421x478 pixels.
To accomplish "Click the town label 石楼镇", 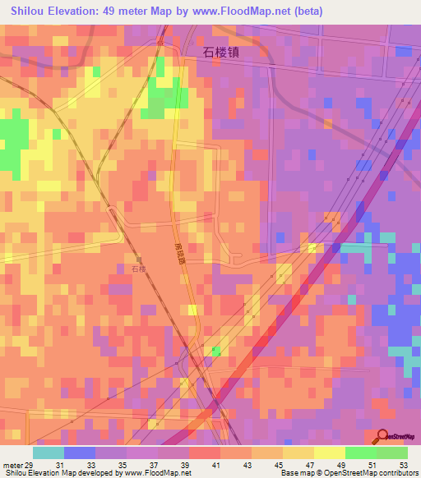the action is (x=222, y=51).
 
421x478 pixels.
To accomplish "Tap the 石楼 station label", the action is (x=138, y=268).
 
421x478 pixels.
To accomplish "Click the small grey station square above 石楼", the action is (x=138, y=257).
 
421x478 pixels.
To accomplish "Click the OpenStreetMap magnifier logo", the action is (x=383, y=436).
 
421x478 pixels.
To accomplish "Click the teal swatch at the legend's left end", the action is (x=49, y=453).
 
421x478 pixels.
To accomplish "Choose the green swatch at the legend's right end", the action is (x=392, y=453).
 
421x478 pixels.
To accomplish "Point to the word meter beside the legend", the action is (x=12, y=466).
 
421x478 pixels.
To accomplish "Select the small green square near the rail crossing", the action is (x=215, y=351).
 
